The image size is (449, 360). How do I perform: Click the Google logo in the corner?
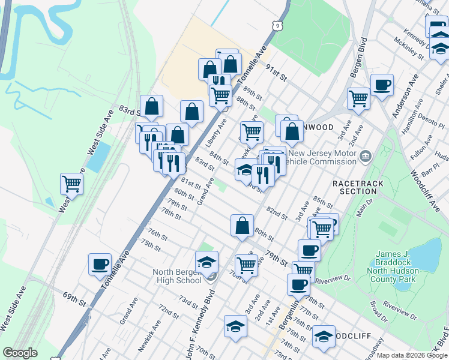point(20,353)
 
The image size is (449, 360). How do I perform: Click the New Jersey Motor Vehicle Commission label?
point(319,158)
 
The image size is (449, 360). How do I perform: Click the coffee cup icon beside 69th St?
point(100,263)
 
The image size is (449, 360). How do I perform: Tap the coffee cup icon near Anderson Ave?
point(382,85)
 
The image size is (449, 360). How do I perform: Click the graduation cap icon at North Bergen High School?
point(206,261)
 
